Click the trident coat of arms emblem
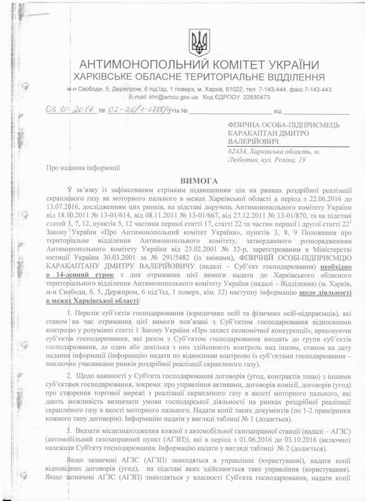[x=199, y=42]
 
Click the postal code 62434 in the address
[x=237, y=151]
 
